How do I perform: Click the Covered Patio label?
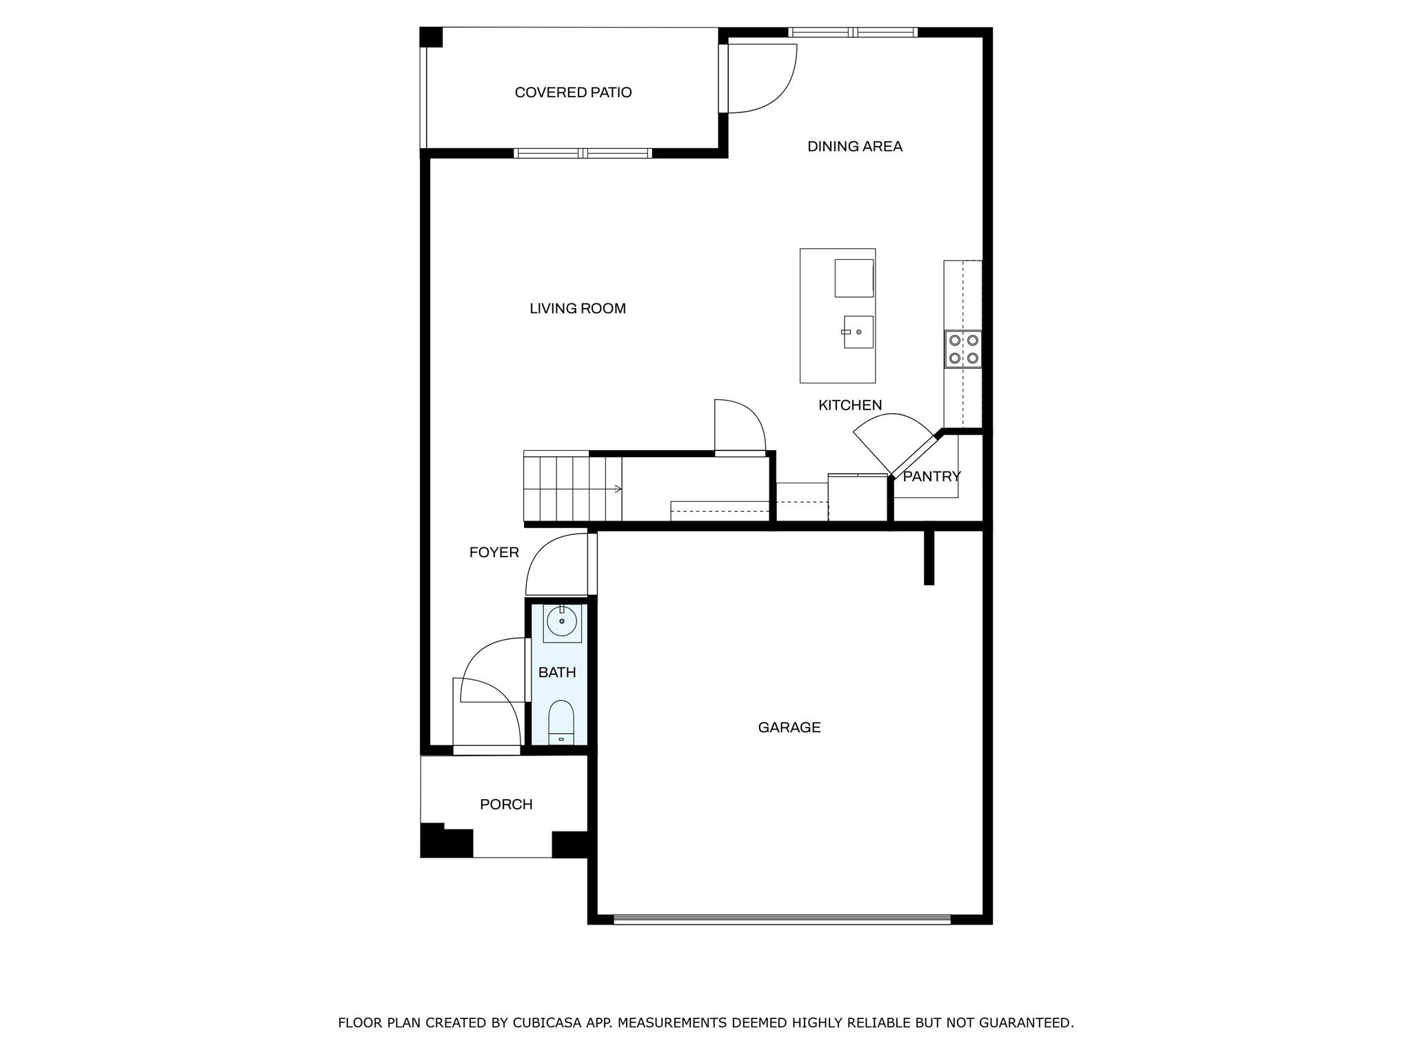tap(573, 92)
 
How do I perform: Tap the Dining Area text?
tap(854, 146)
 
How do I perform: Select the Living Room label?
tap(577, 308)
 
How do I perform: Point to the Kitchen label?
tap(849, 405)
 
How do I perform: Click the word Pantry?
tap(931, 476)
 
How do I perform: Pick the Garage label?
tap(789, 727)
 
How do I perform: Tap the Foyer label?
tap(494, 552)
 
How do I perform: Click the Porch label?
tap(506, 804)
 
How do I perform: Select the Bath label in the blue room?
tap(556, 672)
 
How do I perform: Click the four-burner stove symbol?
tap(963, 349)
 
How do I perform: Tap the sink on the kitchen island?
tap(858, 332)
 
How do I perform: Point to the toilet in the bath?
tap(561, 722)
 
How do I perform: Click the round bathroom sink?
tap(562, 622)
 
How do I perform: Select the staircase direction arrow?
tap(618, 489)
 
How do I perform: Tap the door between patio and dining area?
tap(724, 78)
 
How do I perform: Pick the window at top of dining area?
tap(853, 32)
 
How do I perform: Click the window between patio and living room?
tap(583, 153)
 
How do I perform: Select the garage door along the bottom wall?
tap(782, 918)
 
